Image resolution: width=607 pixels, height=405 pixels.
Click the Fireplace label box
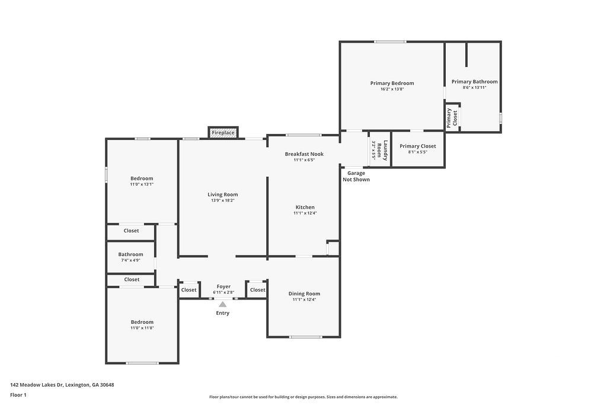coord(223,132)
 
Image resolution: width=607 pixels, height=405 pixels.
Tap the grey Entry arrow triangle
coord(223,304)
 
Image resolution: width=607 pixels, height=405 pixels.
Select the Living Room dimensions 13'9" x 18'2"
coord(223,200)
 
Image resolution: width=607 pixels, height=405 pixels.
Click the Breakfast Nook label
coord(304,154)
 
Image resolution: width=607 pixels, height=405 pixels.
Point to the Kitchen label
coord(305,207)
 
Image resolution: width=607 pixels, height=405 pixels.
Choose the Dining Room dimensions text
coord(304,299)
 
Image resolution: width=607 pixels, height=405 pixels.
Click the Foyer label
coord(223,286)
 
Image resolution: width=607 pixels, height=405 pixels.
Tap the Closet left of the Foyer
coord(189,289)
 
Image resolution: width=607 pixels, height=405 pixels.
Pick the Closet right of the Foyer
coord(257,289)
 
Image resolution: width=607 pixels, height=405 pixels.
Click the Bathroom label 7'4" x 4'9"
coord(131,257)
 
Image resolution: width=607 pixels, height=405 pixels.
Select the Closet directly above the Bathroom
coord(131,231)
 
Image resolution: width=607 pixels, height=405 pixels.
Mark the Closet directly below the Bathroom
coord(132,279)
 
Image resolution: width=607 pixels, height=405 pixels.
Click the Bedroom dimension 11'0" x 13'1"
coord(142,184)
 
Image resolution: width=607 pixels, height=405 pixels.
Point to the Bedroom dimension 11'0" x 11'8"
coord(142,328)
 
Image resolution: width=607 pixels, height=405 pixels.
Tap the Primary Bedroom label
coord(392,83)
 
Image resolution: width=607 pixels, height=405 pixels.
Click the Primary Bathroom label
coord(475,82)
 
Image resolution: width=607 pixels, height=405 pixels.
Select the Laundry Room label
coord(382,150)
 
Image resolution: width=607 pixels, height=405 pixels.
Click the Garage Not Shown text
coord(356,176)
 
